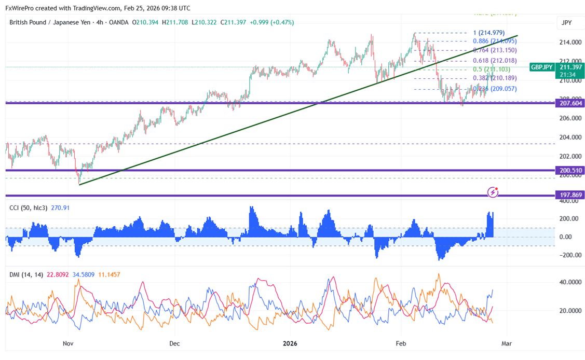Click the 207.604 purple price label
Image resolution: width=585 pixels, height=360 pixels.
tap(570, 103)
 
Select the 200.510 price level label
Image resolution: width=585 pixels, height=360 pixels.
tap(570, 170)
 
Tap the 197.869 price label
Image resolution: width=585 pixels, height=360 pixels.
tap(570, 195)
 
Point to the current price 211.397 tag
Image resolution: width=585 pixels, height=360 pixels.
tap(570, 67)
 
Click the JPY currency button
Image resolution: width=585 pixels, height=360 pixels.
tap(567, 23)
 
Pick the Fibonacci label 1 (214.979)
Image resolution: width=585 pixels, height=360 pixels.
tap(488, 33)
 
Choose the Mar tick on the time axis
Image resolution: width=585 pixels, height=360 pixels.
tap(507, 343)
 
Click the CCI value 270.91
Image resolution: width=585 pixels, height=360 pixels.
tap(61, 208)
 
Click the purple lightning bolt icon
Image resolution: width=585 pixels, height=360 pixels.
tap(493, 193)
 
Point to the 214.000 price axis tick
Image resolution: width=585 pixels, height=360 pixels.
tap(569, 42)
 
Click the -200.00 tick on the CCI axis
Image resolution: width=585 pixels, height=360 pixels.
tap(570, 255)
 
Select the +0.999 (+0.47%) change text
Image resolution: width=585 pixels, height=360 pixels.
tap(271, 23)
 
